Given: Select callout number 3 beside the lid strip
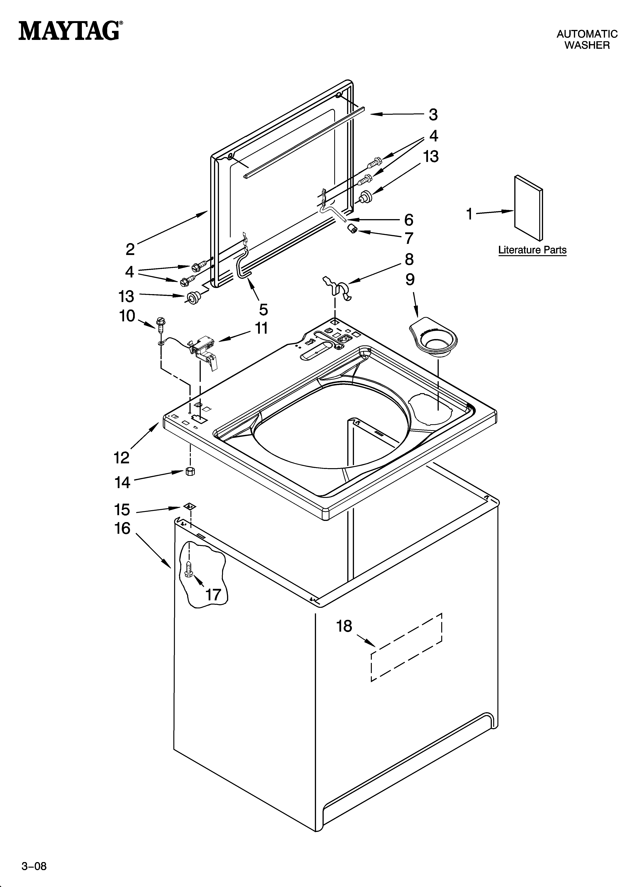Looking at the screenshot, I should (433, 115).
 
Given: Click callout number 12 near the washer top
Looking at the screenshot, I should (122, 457).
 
